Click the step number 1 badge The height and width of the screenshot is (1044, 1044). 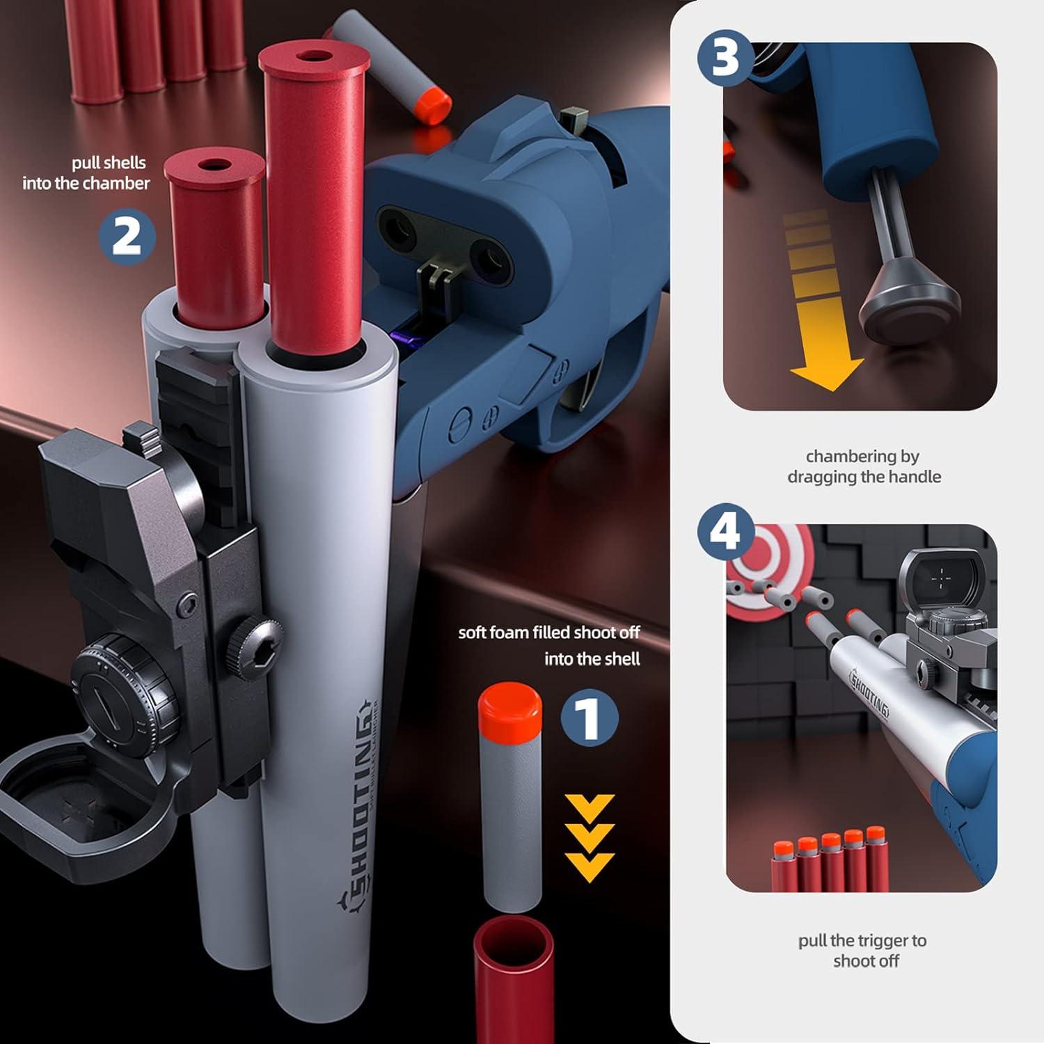tap(590, 718)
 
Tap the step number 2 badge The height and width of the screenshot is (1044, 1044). tap(127, 237)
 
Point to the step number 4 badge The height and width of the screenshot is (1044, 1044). tap(727, 532)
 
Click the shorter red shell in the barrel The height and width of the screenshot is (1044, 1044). tap(216, 237)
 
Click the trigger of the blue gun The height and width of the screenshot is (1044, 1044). tap(589, 390)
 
